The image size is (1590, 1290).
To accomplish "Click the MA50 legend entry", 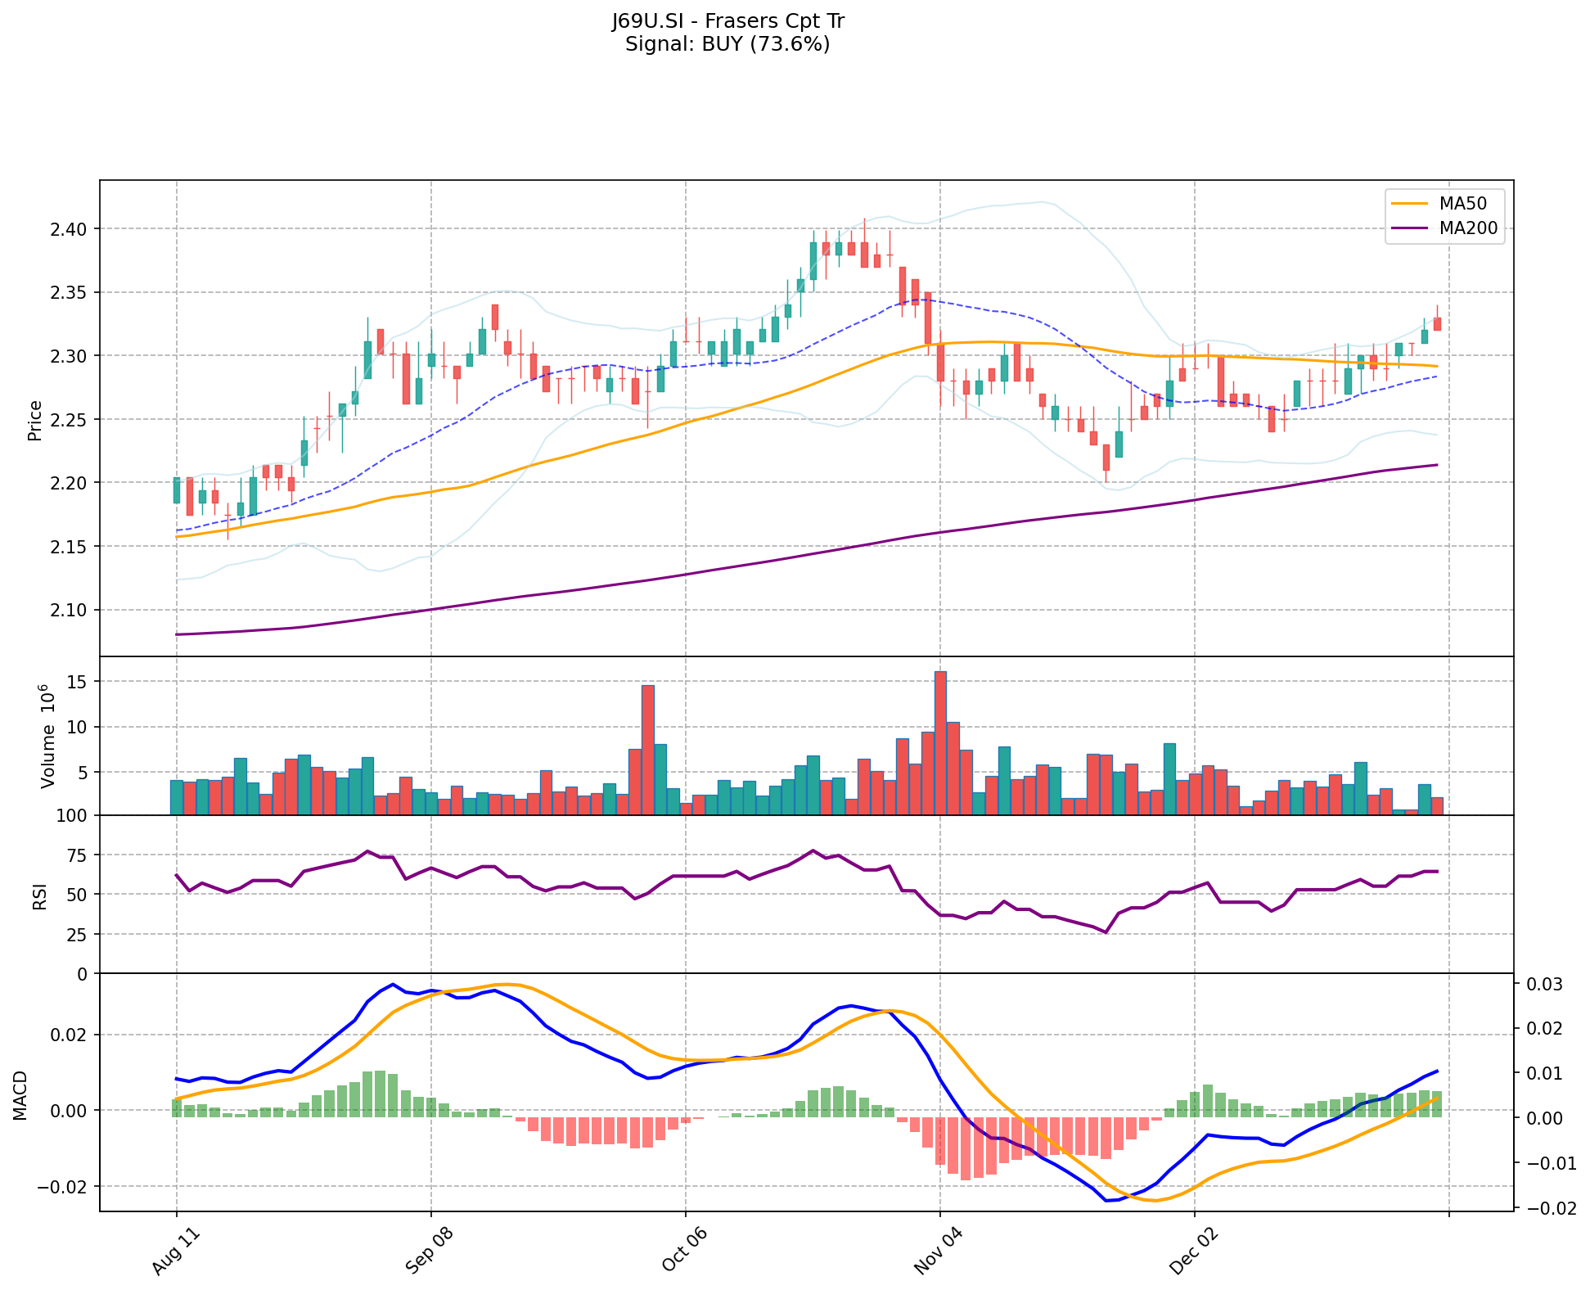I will (1462, 204).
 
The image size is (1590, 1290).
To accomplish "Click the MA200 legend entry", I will (1467, 228).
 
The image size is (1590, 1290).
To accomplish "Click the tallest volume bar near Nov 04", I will (940, 742).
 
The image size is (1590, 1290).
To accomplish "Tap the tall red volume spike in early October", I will (648, 749).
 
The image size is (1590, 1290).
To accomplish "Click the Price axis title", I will (35, 421).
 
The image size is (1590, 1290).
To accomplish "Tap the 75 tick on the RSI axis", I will (76, 855).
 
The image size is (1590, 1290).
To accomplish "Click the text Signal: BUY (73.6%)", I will (727, 44).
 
